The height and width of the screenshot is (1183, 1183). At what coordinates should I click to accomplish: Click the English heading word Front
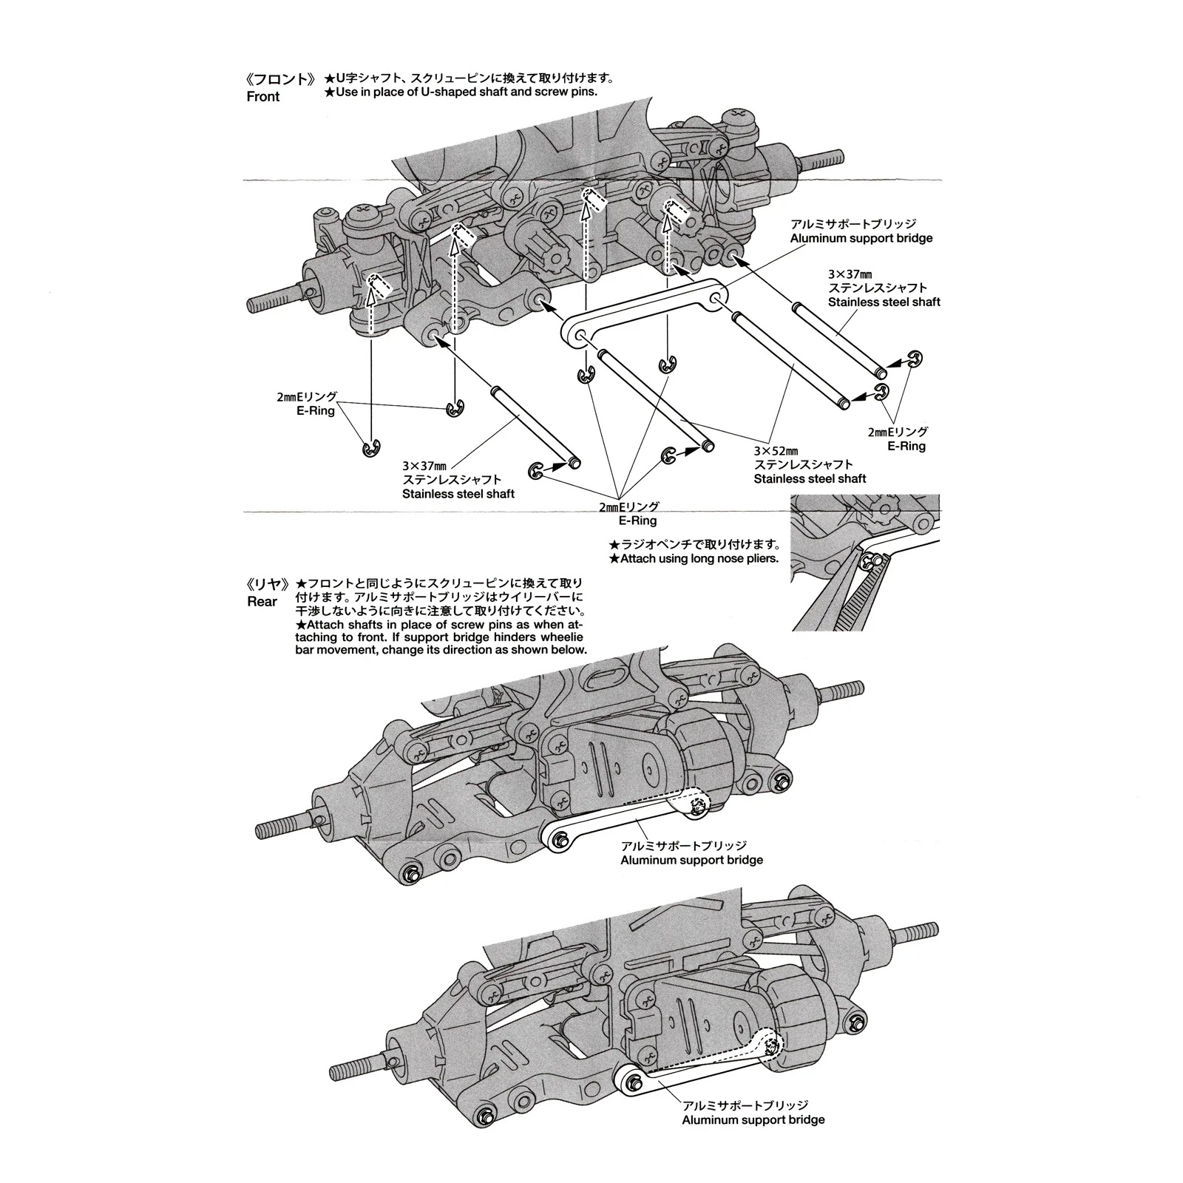coord(263,97)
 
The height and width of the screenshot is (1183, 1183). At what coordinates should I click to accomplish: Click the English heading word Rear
coord(262,602)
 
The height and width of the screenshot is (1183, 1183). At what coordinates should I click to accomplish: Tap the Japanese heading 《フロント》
coord(281,79)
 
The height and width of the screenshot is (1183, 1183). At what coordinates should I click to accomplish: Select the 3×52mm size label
coord(776,450)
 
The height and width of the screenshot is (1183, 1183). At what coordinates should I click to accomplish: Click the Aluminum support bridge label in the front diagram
coord(861,238)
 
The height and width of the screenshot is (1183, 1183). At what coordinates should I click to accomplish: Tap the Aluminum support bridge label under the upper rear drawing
coord(691,860)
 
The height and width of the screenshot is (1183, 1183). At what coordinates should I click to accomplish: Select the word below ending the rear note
coord(572,650)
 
